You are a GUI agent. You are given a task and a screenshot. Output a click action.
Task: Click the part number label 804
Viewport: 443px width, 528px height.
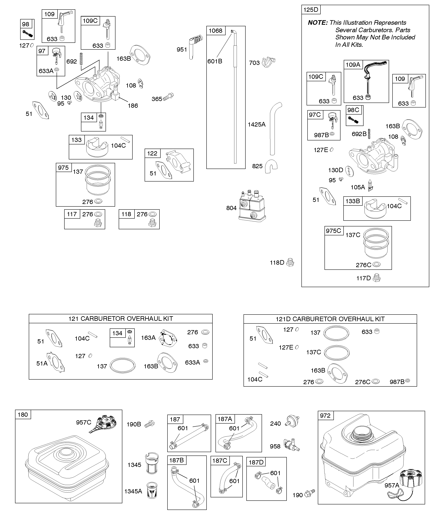pyautogui.click(x=231, y=208)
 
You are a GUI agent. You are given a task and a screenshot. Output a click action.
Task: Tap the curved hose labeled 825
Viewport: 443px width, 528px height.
pyautogui.click(x=271, y=166)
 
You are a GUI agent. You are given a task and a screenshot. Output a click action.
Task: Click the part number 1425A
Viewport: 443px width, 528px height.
pyautogui.click(x=257, y=124)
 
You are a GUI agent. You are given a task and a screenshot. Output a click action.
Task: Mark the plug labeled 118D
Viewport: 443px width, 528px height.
pyautogui.click(x=290, y=262)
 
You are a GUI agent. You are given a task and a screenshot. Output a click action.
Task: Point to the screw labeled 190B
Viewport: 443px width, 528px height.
pyautogui.click(x=150, y=424)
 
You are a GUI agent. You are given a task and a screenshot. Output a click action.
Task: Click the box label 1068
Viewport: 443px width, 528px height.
pyautogui.click(x=215, y=31)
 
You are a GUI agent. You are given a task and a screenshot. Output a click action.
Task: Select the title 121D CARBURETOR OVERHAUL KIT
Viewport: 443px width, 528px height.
pyautogui.click(x=330, y=319)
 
